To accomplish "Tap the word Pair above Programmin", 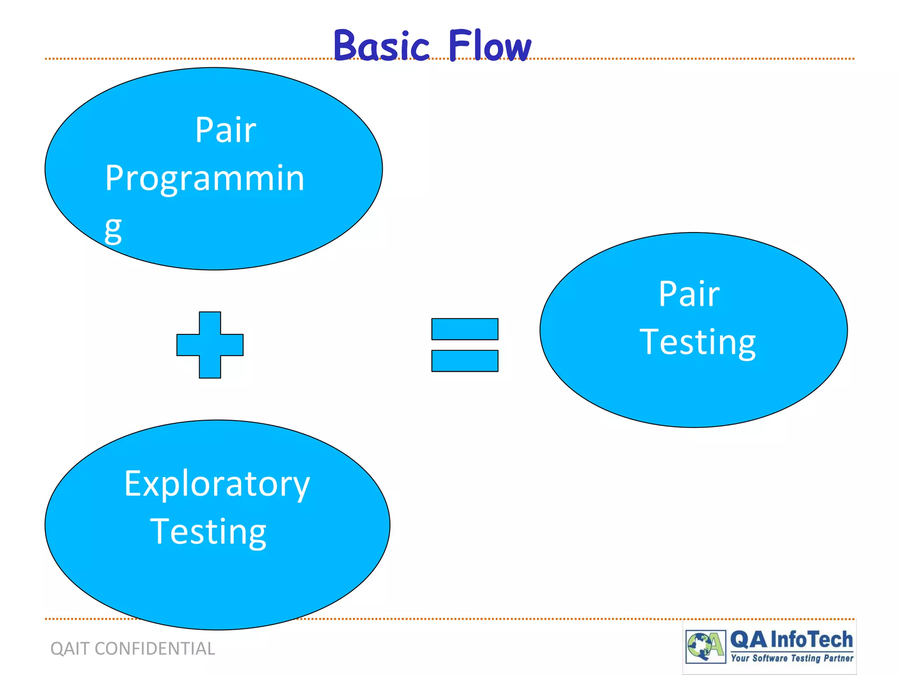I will point(225,130).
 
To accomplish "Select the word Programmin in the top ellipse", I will point(205,178).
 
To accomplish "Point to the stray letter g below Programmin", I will point(113,229).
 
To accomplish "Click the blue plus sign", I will point(210,345).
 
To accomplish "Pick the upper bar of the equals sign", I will point(465,329).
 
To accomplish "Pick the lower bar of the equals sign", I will point(465,361).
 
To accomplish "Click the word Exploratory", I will point(217,484).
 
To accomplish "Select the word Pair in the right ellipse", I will point(689,294).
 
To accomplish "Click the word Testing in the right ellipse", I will point(697,342).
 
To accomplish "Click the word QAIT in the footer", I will point(69,649).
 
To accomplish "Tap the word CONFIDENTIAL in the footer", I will point(155,649).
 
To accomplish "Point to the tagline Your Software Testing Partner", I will point(791,658).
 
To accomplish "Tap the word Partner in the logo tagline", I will point(838,658).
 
